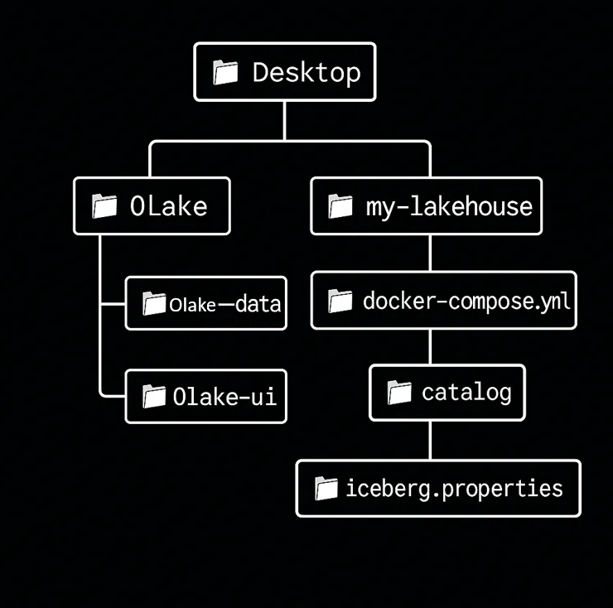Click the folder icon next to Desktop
click(224, 72)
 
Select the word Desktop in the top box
click(306, 73)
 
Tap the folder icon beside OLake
click(104, 205)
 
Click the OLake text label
click(168, 205)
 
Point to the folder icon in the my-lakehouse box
click(340, 205)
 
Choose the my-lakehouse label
click(449, 205)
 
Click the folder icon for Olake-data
click(154, 303)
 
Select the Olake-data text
click(224, 303)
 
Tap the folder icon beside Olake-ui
click(154, 396)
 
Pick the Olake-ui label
click(224, 396)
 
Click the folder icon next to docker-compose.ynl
click(340, 301)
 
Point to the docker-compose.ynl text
click(466, 301)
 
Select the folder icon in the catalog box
click(399, 392)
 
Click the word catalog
click(466, 392)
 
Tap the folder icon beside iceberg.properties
click(326, 489)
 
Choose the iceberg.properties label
click(454, 489)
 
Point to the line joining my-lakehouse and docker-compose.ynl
click(430, 253)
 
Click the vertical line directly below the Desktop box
click(284, 120)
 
